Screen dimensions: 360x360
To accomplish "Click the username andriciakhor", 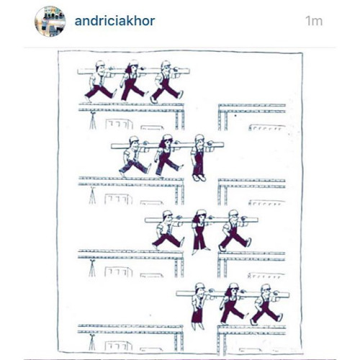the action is coord(114,21).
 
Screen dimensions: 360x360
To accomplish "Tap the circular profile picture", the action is coord(50,22).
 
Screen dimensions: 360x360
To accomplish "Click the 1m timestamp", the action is coord(314,21).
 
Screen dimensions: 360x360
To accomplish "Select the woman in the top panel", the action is coord(132,81).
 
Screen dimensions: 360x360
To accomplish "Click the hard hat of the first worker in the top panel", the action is coord(100,63).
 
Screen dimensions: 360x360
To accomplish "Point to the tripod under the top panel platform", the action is coord(93,121).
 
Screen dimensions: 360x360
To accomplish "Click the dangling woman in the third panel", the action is coord(200,232).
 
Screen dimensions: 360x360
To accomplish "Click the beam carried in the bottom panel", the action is coord(233,294).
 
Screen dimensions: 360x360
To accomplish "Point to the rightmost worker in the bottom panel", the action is coord(266,305).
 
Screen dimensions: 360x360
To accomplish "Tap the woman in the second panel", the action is coord(167,156).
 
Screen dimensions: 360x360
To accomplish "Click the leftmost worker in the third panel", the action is coord(168,230).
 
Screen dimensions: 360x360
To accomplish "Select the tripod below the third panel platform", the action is coord(92,268).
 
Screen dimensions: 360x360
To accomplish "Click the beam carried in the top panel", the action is coord(134,71).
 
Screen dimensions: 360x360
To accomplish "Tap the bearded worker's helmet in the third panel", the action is coord(233,212).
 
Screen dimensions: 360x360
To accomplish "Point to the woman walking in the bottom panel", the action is coord(233,304).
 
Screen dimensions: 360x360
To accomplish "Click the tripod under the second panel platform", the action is coord(92,195).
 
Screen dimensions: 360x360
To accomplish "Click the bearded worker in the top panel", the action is coord(167,81).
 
